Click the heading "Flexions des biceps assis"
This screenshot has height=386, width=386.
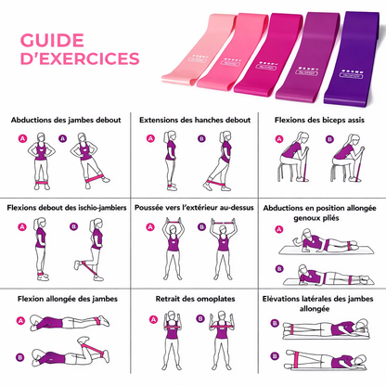click(x=321, y=120)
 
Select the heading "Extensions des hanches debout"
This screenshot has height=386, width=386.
click(x=193, y=120)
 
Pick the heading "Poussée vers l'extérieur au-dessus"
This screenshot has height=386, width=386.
click(x=193, y=209)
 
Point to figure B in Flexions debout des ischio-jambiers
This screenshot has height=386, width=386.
click(x=92, y=250)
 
